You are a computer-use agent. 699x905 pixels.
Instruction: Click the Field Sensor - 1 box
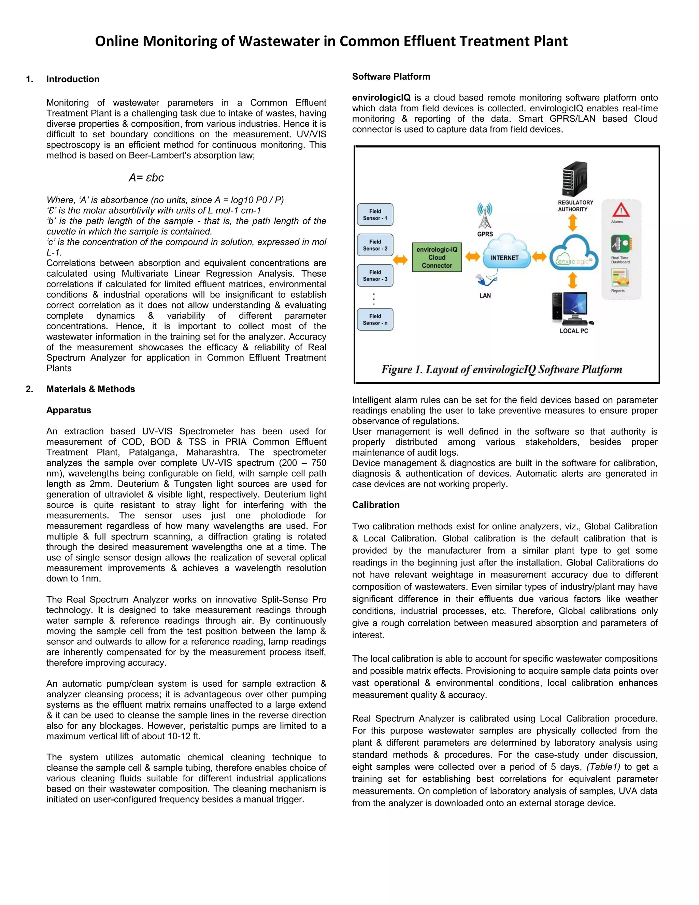375,214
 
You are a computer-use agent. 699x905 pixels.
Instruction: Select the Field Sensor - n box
375,319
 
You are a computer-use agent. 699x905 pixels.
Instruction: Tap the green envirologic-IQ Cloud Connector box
437,257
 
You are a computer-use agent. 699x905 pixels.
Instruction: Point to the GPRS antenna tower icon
485,216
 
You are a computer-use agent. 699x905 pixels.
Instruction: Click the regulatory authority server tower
574,179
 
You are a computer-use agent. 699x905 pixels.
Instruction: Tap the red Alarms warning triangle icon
621,210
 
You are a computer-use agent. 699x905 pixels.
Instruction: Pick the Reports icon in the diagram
619,278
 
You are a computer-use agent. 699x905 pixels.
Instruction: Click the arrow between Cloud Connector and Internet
472,256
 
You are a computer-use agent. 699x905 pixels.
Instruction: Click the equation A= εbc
146,178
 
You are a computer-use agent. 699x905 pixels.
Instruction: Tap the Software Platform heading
391,76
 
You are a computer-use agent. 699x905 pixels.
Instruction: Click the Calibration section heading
375,505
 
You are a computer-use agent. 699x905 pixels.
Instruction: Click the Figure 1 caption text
501,369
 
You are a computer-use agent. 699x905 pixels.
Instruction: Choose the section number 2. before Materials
29,389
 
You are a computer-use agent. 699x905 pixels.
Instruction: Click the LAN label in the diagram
485,295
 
